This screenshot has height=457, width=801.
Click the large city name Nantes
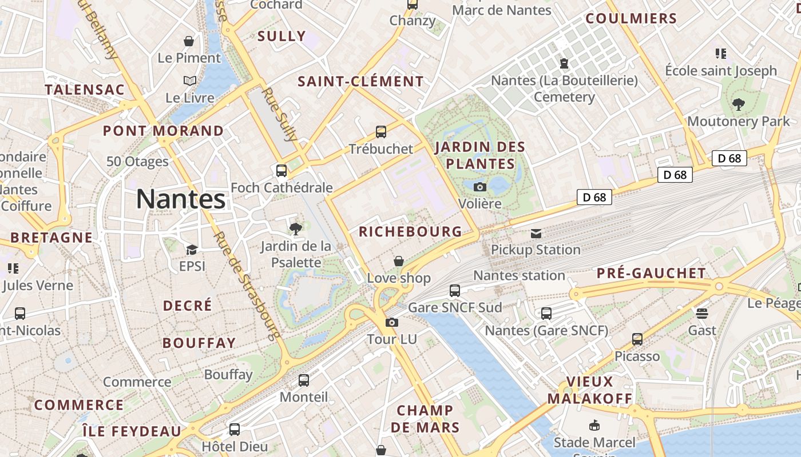pyautogui.click(x=181, y=199)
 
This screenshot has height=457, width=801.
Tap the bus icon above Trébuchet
pyautogui.click(x=381, y=132)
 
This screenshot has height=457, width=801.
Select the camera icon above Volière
pyautogui.click(x=480, y=187)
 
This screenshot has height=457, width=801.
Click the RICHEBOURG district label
pyautogui.click(x=410, y=231)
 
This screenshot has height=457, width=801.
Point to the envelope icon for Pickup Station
pyautogui.click(x=536, y=233)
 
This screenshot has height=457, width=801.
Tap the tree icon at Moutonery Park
pyautogui.click(x=739, y=105)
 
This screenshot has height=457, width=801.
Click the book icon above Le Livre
pyautogui.click(x=189, y=81)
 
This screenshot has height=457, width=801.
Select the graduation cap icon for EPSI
pyautogui.click(x=192, y=250)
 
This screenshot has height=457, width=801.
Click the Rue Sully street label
pyautogui.click(x=280, y=114)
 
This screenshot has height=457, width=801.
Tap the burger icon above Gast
pyautogui.click(x=702, y=313)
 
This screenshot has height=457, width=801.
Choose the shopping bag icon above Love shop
pyautogui.click(x=399, y=261)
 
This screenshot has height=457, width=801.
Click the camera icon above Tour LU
pyautogui.click(x=391, y=323)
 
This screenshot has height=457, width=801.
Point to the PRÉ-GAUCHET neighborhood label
pyautogui.click(x=651, y=273)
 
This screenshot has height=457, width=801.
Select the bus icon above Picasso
pyautogui.click(x=637, y=339)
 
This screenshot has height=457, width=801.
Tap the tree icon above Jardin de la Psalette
pyautogui.click(x=296, y=229)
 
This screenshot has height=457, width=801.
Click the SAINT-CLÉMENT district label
pyautogui.click(x=360, y=82)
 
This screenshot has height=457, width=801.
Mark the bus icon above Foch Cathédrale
pyautogui.click(x=281, y=170)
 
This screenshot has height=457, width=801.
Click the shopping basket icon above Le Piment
pyautogui.click(x=189, y=41)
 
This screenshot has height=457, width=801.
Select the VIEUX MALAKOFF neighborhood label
pyautogui.click(x=590, y=390)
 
